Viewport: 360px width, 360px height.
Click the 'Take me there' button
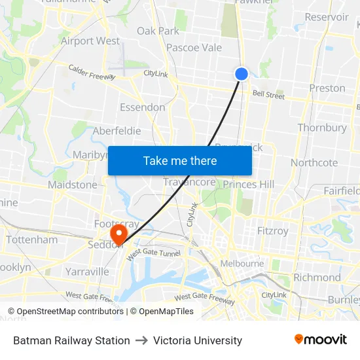(180, 160)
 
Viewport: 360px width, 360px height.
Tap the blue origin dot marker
(242, 74)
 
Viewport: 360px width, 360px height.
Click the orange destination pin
(119, 234)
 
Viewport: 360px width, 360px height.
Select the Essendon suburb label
(142, 107)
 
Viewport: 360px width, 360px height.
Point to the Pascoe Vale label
(194, 47)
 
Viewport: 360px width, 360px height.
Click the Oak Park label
(158, 31)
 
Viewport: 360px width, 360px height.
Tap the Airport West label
(90, 41)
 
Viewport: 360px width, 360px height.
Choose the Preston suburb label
(327, 88)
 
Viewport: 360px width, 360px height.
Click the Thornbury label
(322, 128)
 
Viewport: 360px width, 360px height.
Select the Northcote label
(314, 162)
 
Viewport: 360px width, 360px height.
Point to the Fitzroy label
(273, 230)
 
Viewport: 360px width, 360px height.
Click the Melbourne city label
(242, 264)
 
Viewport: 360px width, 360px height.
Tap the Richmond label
(317, 277)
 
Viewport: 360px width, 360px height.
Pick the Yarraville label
(87, 271)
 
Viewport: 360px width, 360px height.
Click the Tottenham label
(32, 240)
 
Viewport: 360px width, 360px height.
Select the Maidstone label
(73, 185)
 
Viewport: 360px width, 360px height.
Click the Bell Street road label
(269, 96)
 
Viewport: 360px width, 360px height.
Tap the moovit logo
(321, 339)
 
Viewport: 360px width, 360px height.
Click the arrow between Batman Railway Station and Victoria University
(141, 340)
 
